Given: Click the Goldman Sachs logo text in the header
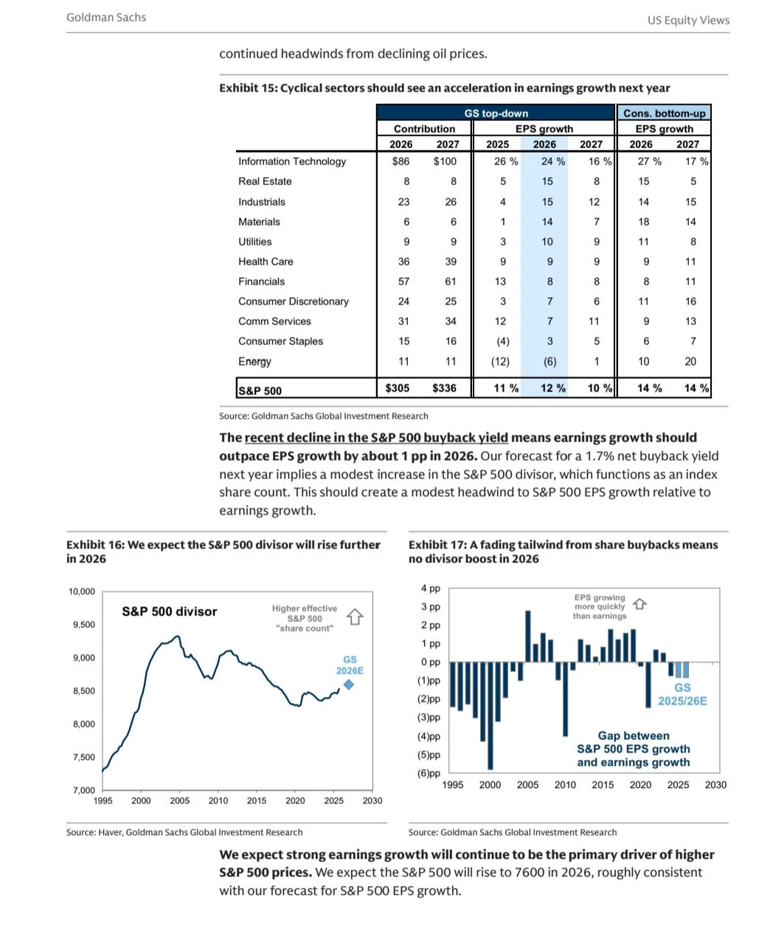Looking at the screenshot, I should (106, 17).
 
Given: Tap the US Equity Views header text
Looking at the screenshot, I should (688, 20).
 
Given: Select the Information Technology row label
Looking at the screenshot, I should (292, 161).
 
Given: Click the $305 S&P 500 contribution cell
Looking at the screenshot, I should (398, 388).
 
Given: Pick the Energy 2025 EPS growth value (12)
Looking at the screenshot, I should (500, 361).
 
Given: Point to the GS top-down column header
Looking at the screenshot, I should (496, 113).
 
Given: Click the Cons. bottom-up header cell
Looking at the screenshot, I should (664, 113).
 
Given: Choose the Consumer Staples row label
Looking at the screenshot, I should (280, 341).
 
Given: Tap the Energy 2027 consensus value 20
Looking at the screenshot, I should (690, 361).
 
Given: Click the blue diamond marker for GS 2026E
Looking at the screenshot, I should (349, 685).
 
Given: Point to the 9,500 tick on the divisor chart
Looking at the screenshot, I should (83, 624).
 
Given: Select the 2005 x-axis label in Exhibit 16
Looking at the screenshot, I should (179, 800).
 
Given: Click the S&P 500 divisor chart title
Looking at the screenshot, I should (170, 611).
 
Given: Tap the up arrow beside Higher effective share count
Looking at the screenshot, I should (355, 617).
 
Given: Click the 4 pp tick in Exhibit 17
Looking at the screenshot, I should (431, 588).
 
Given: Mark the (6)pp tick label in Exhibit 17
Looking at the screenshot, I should (429, 773).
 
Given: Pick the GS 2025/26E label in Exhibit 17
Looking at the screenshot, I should (682, 694).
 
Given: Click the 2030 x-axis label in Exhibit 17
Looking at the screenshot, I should (715, 784).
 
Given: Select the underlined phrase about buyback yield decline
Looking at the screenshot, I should (376, 437).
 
